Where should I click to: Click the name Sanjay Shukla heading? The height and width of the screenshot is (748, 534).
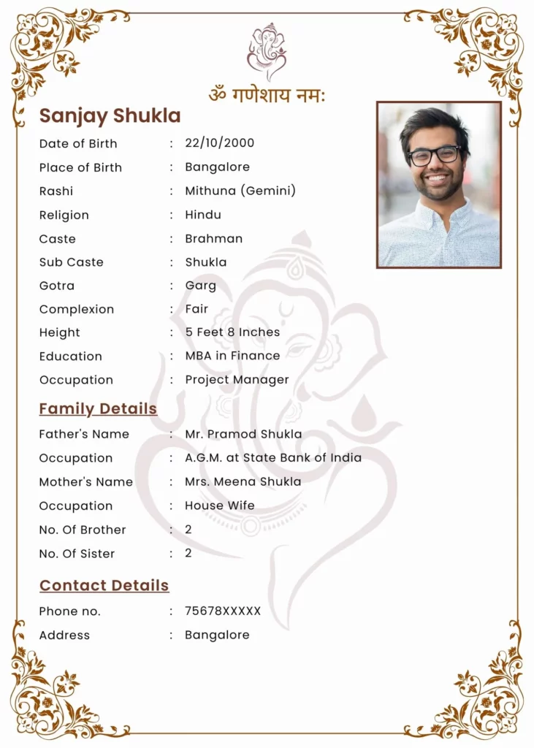tap(110, 116)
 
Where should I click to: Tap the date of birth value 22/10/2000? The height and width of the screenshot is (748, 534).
tap(219, 143)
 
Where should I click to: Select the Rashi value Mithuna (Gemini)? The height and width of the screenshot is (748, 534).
tap(240, 191)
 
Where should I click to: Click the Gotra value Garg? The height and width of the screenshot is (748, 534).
tap(200, 286)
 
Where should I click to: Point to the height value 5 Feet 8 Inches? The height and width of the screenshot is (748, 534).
tap(232, 332)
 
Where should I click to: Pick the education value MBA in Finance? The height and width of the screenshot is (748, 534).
tap(232, 356)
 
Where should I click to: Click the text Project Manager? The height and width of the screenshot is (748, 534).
tap(237, 380)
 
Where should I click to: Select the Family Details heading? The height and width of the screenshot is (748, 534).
tap(98, 408)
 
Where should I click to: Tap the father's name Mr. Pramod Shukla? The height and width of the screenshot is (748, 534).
tap(243, 434)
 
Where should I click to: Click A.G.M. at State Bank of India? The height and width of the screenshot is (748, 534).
tap(273, 458)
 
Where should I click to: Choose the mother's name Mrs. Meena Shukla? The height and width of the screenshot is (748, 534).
tap(243, 482)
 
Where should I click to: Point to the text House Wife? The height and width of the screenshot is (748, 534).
tap(220, 505)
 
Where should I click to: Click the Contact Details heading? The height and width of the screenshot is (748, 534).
tap(104, 585)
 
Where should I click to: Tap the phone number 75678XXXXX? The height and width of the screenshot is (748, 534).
tap(223, 611)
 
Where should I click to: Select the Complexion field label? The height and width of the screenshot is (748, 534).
tap(77, 309)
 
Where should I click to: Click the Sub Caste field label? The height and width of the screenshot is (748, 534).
tap(72, 262)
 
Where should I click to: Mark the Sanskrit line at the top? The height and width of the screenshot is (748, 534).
tap(267, 95)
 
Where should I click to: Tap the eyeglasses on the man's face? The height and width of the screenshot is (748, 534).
tap(434, 155)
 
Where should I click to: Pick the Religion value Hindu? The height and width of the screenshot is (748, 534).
tap(203, 215)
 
